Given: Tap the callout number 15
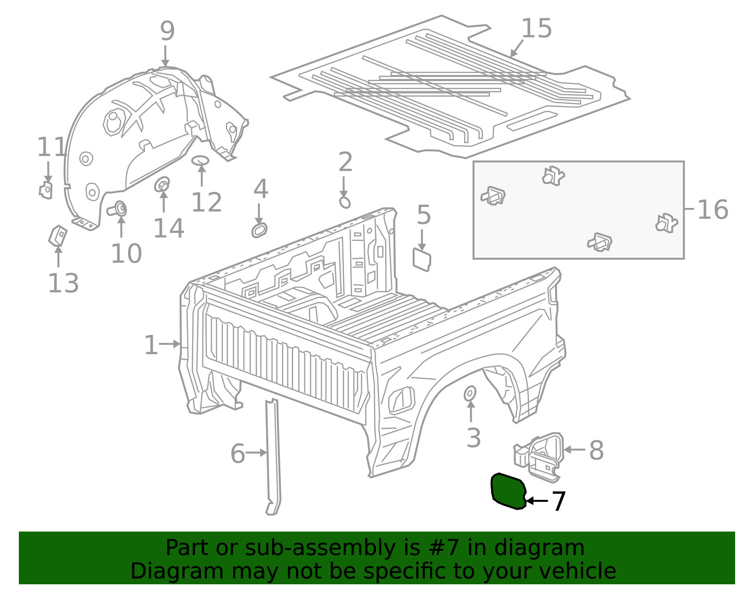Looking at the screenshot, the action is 536,28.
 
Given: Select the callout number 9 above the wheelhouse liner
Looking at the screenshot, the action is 167,31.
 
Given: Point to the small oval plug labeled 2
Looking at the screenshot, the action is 344,202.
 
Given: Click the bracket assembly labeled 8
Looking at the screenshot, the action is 539,457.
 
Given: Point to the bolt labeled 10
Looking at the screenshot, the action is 117,209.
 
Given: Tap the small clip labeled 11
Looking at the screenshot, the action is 46,190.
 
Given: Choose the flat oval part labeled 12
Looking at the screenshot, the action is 201,160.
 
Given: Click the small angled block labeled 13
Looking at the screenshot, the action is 57,235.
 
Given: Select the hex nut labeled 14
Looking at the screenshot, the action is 162,184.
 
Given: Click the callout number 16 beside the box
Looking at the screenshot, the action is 713,210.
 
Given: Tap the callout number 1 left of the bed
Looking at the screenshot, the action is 151,345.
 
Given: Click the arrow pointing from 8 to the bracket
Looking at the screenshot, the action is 574,449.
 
